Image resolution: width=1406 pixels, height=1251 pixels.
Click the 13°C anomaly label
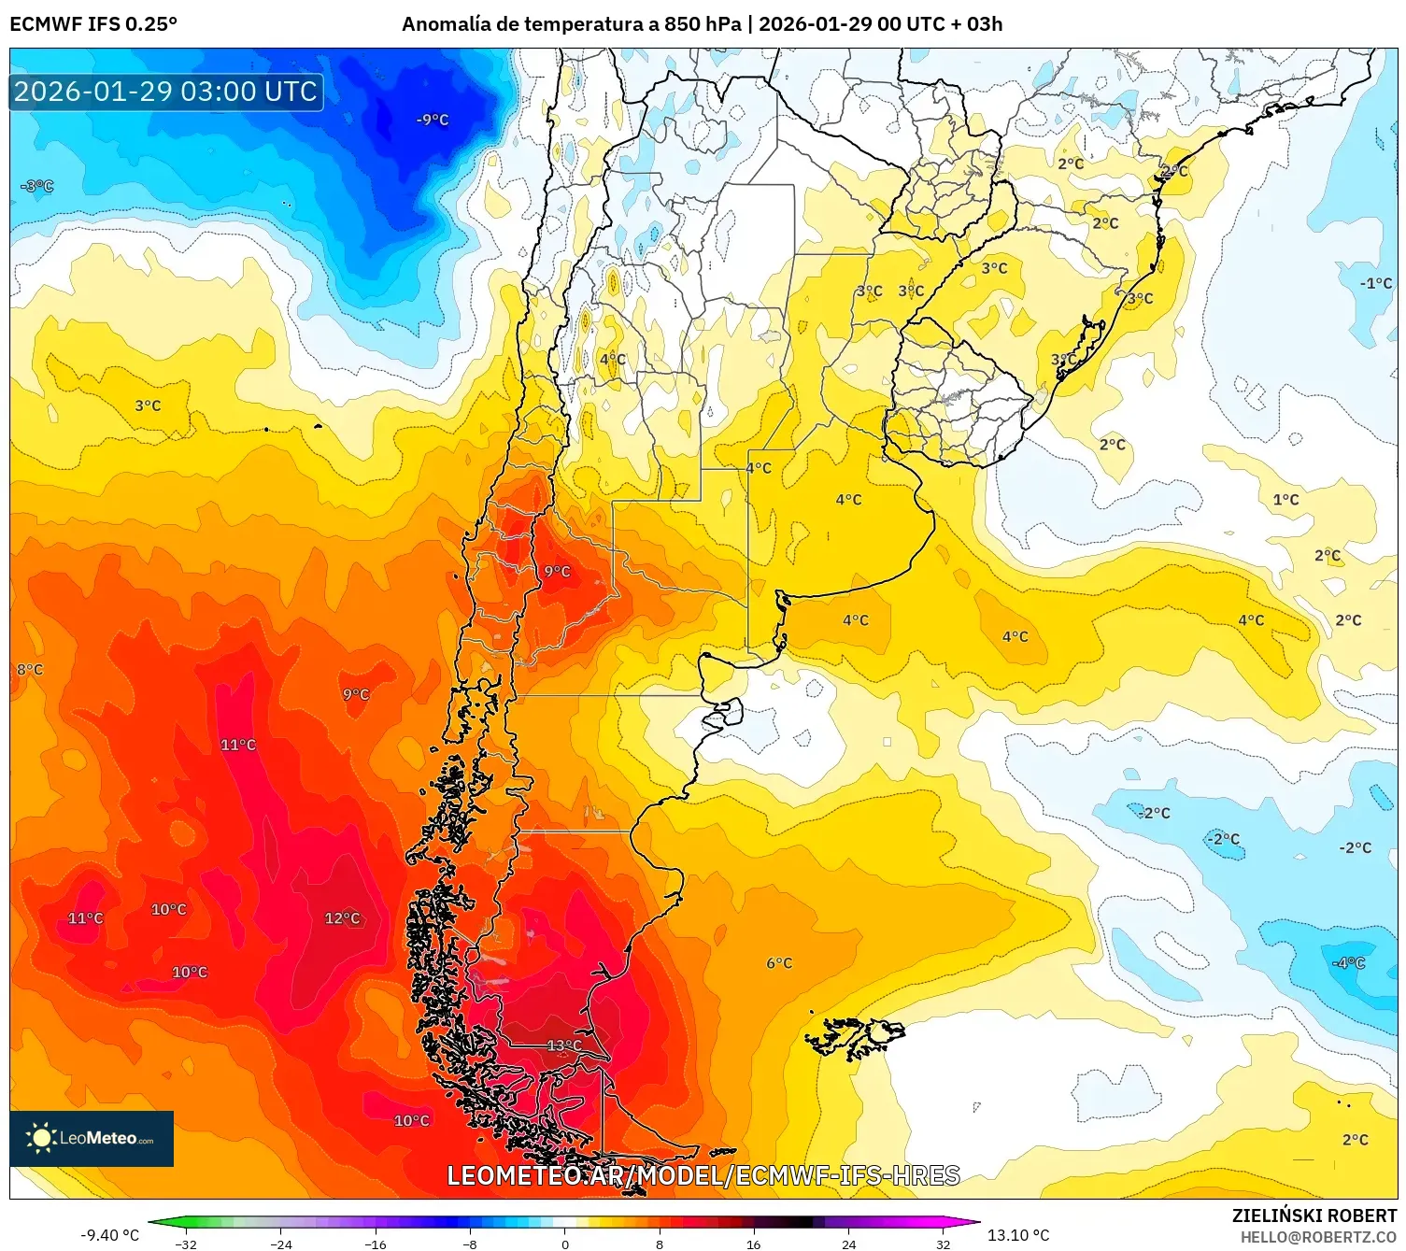(x=564, y=1045)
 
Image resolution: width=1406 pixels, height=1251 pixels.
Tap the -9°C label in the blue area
(x=433, y=120)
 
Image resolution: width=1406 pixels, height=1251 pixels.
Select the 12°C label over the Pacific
(x=342, y=918)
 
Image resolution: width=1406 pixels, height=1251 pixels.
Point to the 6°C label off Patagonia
(x=779, y=963)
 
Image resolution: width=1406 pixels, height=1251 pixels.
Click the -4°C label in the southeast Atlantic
(x=1348, y=963)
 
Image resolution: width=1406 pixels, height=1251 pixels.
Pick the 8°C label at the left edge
(x=30, y=670)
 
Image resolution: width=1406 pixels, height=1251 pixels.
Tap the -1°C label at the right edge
(x=1375, y=283)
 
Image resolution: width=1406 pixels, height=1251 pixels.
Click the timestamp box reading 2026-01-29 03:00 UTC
(x=166, y=92)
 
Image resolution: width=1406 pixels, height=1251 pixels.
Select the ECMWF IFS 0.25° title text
(x=93, y=24)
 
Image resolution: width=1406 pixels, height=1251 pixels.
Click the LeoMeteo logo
(x=92, y=1138)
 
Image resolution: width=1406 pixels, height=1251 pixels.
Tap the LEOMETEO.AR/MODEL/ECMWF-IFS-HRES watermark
(x=703, y=1175)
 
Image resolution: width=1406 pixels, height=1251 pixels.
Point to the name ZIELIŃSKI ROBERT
(x=1314, y=1215)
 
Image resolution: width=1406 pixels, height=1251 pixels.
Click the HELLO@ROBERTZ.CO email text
(x=1318, y=1237)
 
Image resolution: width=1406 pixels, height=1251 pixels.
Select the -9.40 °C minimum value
(x=109, y=1235)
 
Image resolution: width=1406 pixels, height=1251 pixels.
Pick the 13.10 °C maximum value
(x=1018, y=1235)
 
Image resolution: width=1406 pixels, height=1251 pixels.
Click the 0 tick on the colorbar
(x=564, y=1244)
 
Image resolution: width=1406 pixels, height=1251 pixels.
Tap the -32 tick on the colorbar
(x=186, y=1244)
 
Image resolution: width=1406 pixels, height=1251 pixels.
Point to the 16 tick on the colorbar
(x=753, y=1244)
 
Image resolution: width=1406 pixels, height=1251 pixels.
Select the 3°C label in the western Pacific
(x=148, y=405)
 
